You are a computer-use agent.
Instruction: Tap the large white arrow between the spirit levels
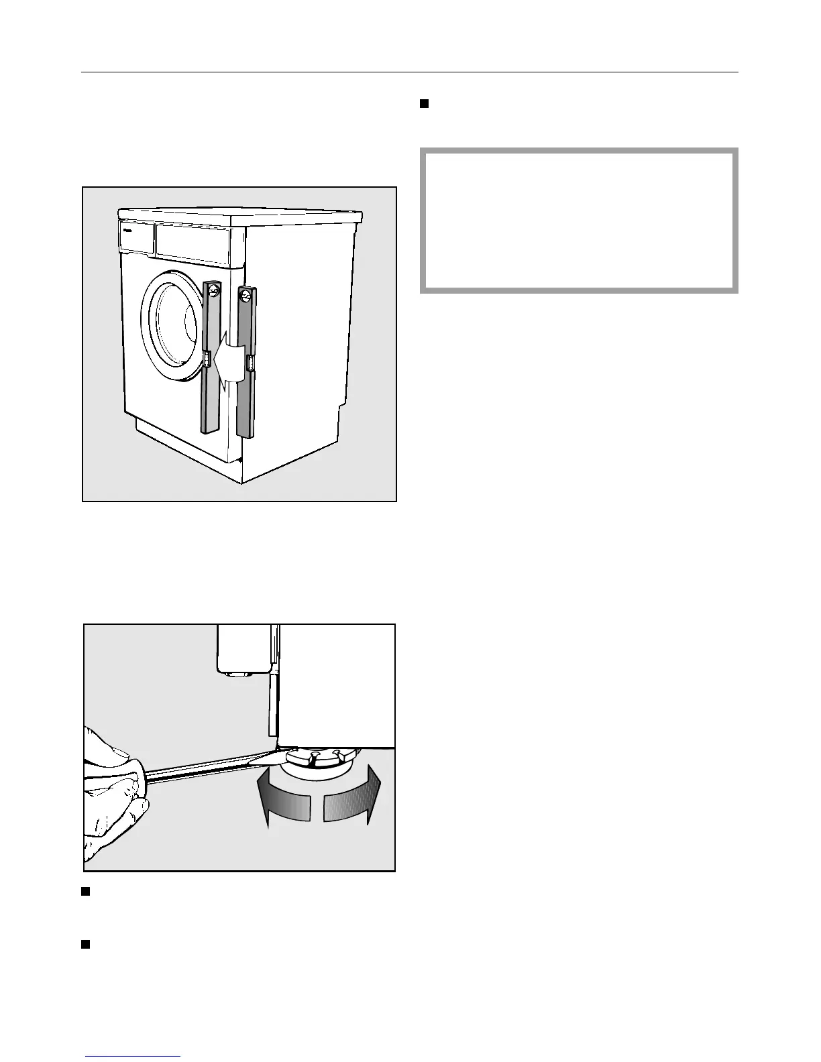click(225, 365)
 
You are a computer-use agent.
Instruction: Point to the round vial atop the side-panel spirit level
click(245, 295)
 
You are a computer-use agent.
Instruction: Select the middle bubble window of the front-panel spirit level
click(207, 361)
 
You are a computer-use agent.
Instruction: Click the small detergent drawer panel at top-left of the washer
click(135, 238)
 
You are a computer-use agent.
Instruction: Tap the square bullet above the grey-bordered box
click(424, 104)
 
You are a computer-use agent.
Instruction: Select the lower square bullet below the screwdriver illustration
click(85, 945)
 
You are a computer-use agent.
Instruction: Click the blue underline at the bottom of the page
click(132, 1057)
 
